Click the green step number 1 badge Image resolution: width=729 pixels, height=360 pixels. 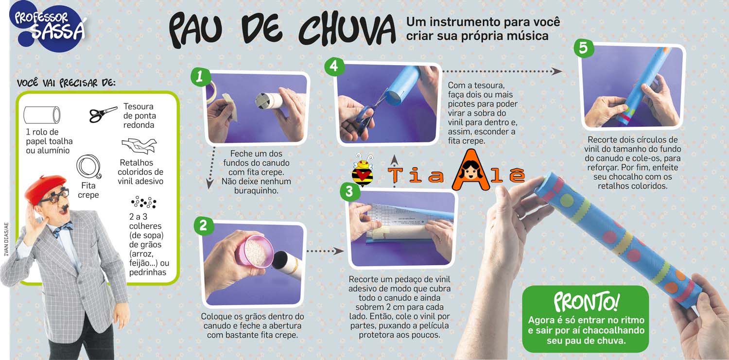click(200, 77)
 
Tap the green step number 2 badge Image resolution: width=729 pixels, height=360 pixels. click(203, 226)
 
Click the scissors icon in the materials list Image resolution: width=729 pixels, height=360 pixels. click(103, 114)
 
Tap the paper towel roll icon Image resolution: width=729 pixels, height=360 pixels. click(42, 115)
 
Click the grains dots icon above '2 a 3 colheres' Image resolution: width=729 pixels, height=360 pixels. click(143, 202)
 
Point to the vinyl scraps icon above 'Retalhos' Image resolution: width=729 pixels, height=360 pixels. click(138, 146)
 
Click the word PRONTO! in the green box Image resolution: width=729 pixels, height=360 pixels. click(586, 303)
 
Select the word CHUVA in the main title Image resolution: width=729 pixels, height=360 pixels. click(347, 30)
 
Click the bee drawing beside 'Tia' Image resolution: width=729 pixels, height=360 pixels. click(363, 172)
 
